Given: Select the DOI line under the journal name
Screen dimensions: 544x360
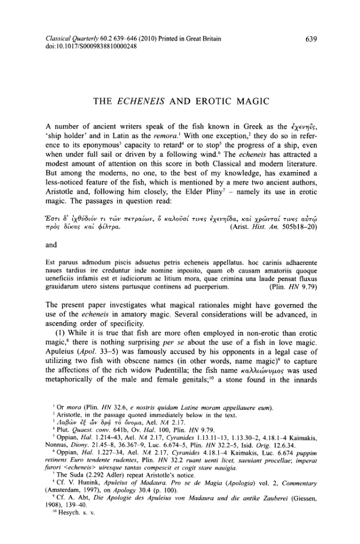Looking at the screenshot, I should pos(85,47).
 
